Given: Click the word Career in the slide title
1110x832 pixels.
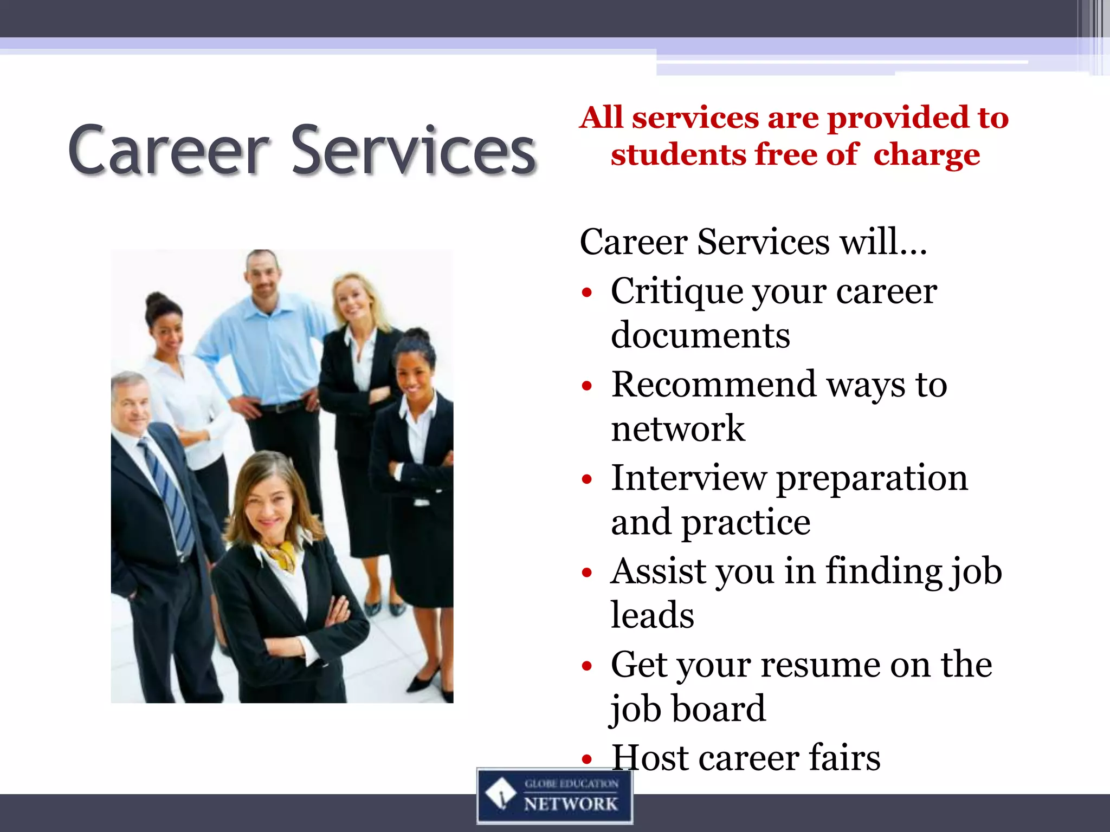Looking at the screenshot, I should pos(168,151).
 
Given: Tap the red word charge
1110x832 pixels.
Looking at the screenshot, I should pos(926,155).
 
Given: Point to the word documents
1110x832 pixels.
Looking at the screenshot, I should pos(700,335).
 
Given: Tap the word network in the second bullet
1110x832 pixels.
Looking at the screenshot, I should pos(677,428).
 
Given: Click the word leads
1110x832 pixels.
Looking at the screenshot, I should pos(652,616).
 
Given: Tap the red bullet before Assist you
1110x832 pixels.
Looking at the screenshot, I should pos(586,573).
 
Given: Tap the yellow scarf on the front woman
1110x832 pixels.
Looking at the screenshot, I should pos(282,555).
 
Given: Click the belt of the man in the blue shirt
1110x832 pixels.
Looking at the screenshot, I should pos(282,406).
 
